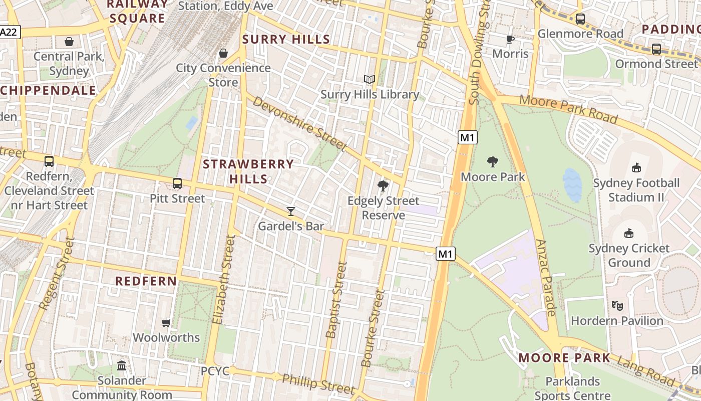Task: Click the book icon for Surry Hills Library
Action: [x=370, y=79]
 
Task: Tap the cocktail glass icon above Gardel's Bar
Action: [x=291, y=211]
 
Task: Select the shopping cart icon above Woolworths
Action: [x=166, y=323]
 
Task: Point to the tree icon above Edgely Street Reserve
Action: [x=383, y=186]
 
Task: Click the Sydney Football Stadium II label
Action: [x=636, y=190]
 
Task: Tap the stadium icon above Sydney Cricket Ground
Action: [x=629, y=233]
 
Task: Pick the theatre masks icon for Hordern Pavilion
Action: [x=617, y=305]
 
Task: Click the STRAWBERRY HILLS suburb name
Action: [x=248, y=171]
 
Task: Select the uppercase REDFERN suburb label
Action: [x=146, y=281]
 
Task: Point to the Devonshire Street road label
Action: [x=299, y=123]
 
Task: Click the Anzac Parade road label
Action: [x=546, y=277]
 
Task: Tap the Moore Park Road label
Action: [x=568, y=108]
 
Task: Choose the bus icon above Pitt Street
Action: [x=177, y=183]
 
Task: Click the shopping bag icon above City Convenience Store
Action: [x=223, y=53]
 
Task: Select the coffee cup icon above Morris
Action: [x=510, y=39]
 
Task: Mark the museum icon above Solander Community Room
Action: [x=122, y=365]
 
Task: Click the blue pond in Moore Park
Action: [x=572, y=184]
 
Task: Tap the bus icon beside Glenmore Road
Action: [x=580, y=19]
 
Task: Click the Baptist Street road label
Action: [x=336, y=299]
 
